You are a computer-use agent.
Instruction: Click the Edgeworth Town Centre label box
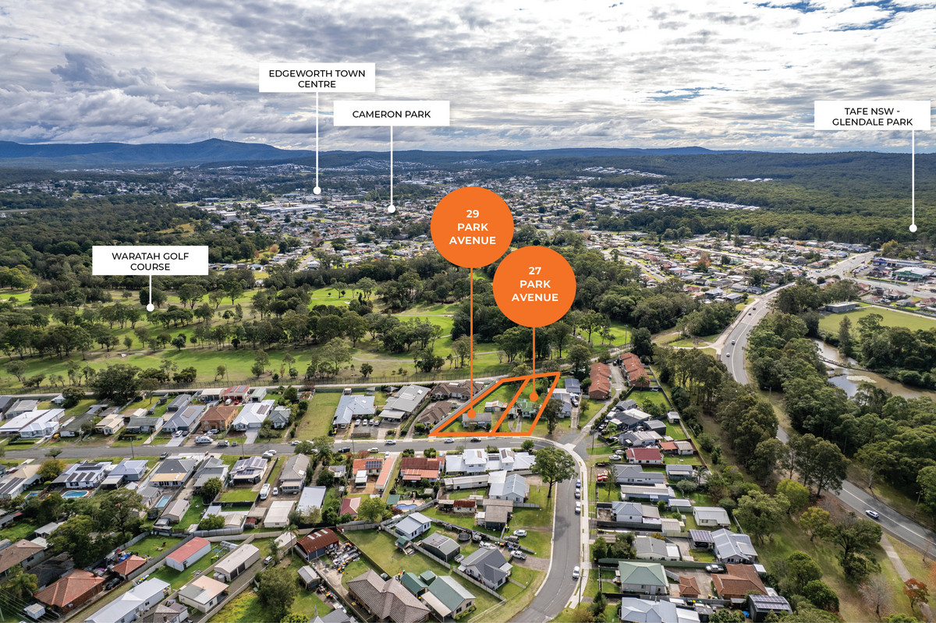[317, 78]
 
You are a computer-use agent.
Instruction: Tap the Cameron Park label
[392, 114]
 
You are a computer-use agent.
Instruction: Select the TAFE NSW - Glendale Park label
[872, 115]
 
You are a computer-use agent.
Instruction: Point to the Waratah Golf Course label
[150, 260]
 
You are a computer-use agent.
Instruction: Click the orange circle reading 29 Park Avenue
[472, 228]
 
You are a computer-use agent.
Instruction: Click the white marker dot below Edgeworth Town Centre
[317, 190]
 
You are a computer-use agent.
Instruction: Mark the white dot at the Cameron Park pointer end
[392, 209]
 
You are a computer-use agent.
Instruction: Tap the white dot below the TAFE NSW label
[913, 228]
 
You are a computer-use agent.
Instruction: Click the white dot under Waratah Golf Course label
[150, 307]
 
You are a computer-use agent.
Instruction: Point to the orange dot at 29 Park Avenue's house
[472, 415]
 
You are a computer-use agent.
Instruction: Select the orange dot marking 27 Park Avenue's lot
[534, 397]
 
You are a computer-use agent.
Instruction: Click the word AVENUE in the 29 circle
[472, 240]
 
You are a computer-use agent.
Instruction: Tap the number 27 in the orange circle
[535, 271]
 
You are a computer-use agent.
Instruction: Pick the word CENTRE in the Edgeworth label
[317, 84]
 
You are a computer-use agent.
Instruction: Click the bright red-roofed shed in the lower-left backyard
[188, 554]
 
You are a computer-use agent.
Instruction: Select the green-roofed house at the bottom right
[643, 577]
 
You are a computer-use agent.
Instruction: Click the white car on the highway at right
[872, 514]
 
